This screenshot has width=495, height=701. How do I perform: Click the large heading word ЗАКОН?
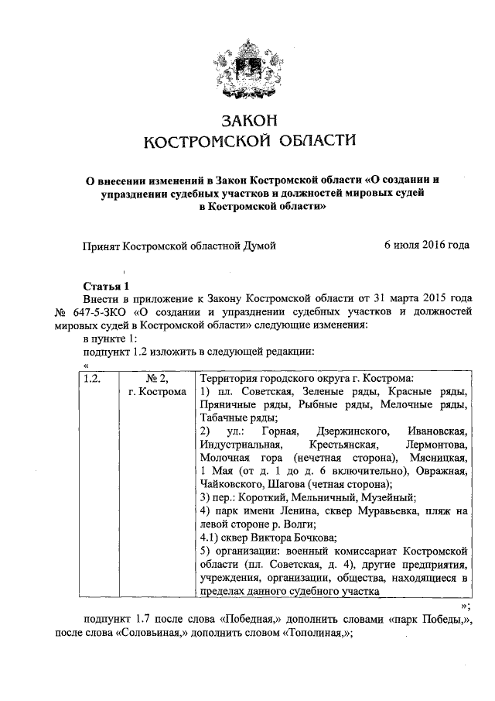248,121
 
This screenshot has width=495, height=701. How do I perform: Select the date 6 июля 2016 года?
427,246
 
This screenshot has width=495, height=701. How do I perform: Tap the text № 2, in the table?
158,380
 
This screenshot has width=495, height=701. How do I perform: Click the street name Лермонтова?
436,445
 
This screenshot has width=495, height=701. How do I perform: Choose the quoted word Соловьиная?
153,633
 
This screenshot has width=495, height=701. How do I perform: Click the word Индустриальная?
237,445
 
